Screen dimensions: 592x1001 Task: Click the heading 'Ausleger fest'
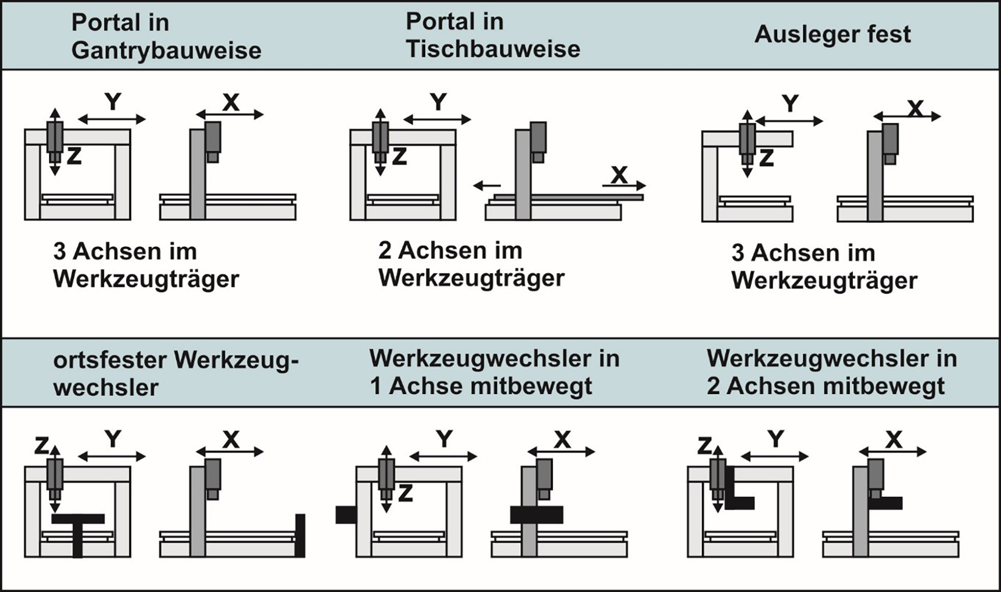[832, 34]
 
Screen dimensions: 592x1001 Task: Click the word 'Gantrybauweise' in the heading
[166, 50]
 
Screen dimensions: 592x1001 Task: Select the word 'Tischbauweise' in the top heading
[493, 49]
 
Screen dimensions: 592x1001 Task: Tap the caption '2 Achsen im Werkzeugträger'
[471, 264]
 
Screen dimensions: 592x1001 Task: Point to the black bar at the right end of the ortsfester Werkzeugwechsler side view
[300, 535]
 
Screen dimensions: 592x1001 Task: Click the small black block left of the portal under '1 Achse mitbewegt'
[345, 515]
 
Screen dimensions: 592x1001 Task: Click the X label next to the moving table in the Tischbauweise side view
[619, 175]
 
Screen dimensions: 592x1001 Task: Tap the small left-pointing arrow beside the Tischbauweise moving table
[487, 186]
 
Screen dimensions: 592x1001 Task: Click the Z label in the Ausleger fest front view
[766, 158]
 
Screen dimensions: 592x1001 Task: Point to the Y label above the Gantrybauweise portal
[113, 102]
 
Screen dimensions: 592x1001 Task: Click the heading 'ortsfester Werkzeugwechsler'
[175, 373]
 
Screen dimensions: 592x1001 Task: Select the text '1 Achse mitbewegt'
[481, 386]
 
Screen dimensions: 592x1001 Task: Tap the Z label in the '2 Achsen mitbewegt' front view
[704, 445]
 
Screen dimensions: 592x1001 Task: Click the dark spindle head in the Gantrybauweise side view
[213, 138]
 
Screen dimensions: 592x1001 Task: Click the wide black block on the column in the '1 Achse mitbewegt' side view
[536, 515]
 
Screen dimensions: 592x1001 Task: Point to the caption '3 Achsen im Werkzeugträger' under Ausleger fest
[824, 267]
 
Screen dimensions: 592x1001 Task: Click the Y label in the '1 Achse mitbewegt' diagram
[444, 439]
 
